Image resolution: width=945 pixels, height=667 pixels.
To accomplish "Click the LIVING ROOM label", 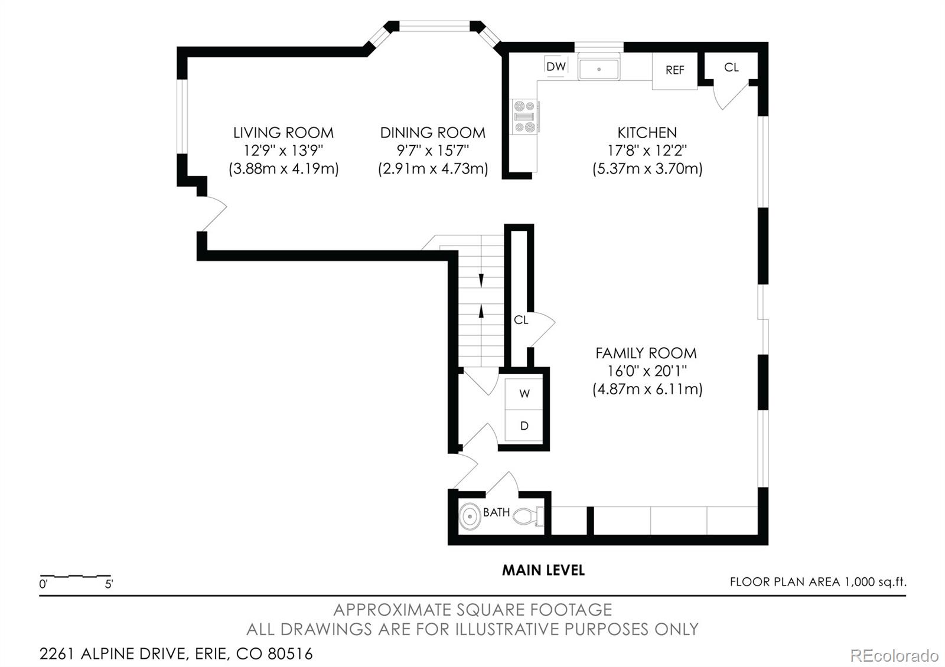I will pyautogui.click(x=283, y=133).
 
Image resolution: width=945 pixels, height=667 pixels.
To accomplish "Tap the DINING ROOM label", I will pyautogui.click(x=432, y=133).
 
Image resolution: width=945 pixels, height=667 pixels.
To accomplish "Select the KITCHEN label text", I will pyautogui.click(x=647, y=133).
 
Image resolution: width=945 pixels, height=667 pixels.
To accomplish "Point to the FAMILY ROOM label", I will pyautogui.click(x=646, y=353).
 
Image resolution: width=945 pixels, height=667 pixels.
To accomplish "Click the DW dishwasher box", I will pyautogui.click(x=556, y=67).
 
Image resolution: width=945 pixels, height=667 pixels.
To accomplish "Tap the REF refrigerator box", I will pyautogui.click(x=674, y=70).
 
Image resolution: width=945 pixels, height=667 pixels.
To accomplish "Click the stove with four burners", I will pyautogui.click(x=524, y=116).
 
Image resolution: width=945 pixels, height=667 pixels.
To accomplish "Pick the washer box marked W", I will pyautogui.click(x=524, y=393).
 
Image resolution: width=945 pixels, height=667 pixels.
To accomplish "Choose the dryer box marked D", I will pyautogui.click(x=524, y=426).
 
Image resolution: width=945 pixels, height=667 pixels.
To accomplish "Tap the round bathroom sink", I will pyautogui.click(x=470, y=517).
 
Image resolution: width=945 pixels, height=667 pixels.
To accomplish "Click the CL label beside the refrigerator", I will pyautogui.click(x=731, y=67).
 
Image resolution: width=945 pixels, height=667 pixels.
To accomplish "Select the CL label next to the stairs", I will pyautogui.click(x=520, y=320).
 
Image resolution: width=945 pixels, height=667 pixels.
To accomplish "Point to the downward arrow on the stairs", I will pyautogui.click(x=481, y=280).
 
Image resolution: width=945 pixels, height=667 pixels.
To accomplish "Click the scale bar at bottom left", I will pyautogui.click(x=75, y=576).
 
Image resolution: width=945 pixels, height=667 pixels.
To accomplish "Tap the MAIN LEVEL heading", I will pyautogui.click(x=543, y=570).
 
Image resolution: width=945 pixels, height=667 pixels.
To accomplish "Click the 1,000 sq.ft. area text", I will pyautogui.click(x=874, y=582).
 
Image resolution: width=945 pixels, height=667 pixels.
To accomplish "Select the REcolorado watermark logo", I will pyautogui.click(x=894, y=655).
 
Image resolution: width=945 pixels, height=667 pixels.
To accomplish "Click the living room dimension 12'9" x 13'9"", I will pyautogui.click(x=283, y=151).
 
